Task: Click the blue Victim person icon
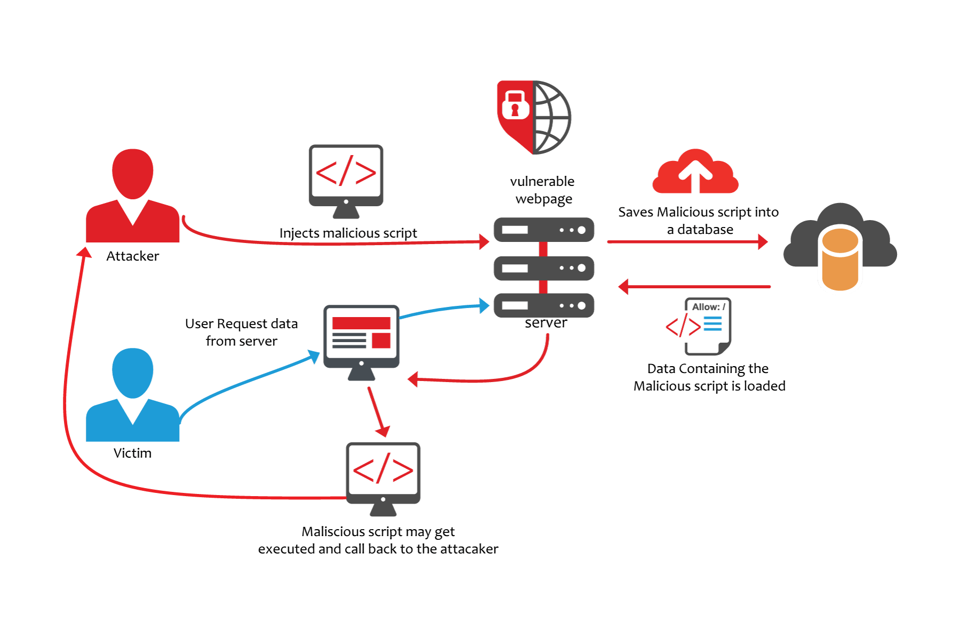click(133, 397)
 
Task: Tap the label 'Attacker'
click(133, 256)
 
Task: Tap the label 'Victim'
click(133, 453)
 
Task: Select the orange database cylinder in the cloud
click(840, 260)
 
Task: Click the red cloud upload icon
click(695, 172)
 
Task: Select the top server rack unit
click(543, 230)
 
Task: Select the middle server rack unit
click(543, 268)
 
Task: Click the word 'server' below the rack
click(546, 323)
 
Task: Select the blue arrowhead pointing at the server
click(484, 306)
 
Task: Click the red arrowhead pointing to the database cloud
click(763, 242)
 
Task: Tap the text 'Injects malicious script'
click(348, 233)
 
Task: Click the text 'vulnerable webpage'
click(542, 190)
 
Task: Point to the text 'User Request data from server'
click(242, 333)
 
